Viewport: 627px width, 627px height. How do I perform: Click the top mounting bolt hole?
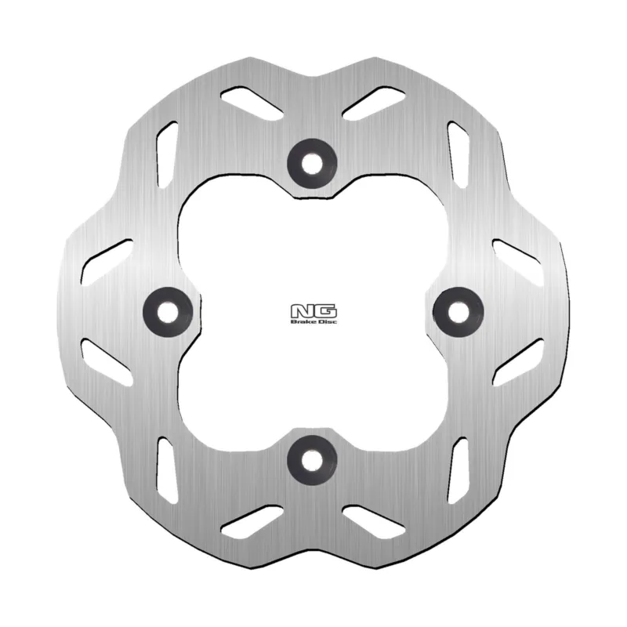point(312,163)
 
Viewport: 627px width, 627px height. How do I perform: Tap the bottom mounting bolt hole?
point(312,460)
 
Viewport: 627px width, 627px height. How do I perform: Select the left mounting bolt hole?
point(168,312)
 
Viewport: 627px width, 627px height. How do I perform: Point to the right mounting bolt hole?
point(458,312)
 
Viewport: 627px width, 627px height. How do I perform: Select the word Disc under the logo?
point(327,321)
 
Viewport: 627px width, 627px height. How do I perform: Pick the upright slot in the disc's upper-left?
point(167,154)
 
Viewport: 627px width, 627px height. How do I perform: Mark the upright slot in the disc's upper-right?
point(458,154)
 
